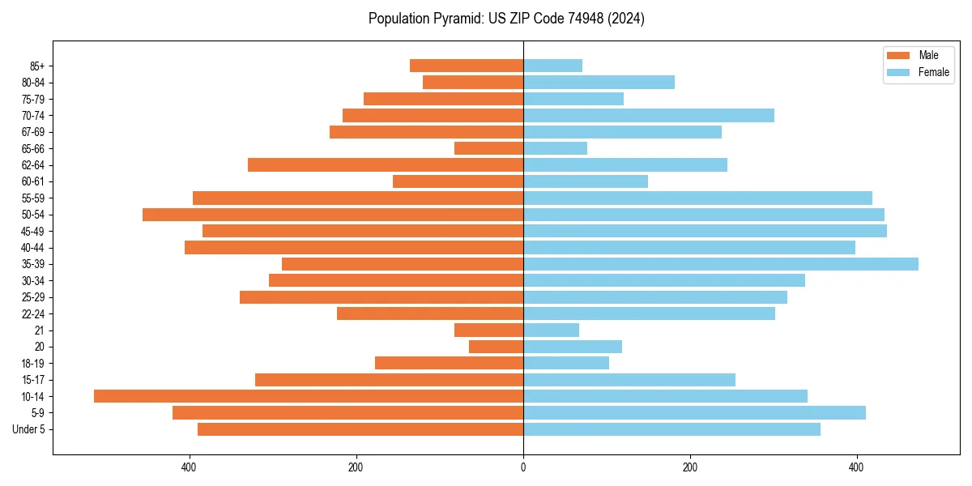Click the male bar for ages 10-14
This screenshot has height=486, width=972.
(x=309, y=396)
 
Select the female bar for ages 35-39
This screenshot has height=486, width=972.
(x=721, y=264)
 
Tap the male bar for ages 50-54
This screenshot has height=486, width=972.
(x=333, y=215)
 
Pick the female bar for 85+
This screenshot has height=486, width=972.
(x=552, y=66)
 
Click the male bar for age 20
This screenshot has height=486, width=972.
(x=496, y=347)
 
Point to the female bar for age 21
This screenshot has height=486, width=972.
(x=551, y=330)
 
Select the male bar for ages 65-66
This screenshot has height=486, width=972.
(x=488, y=148)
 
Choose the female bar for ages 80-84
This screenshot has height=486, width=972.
(x=599, y=83)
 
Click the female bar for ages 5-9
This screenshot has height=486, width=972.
(x=694, y=413)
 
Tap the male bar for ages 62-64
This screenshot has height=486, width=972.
(x=386, y=165)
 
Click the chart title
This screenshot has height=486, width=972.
(x=506, y=19)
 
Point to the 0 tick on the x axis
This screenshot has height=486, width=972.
(x=523, y=467)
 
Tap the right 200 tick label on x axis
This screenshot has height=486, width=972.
(x=690, y=467)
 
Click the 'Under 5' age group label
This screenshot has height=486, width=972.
(x=28, y=429)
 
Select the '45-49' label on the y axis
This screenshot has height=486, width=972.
(x=33, y=231)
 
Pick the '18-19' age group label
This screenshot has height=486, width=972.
(x=33, y=364)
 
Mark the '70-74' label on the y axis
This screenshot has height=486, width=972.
(x=33, y=116)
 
